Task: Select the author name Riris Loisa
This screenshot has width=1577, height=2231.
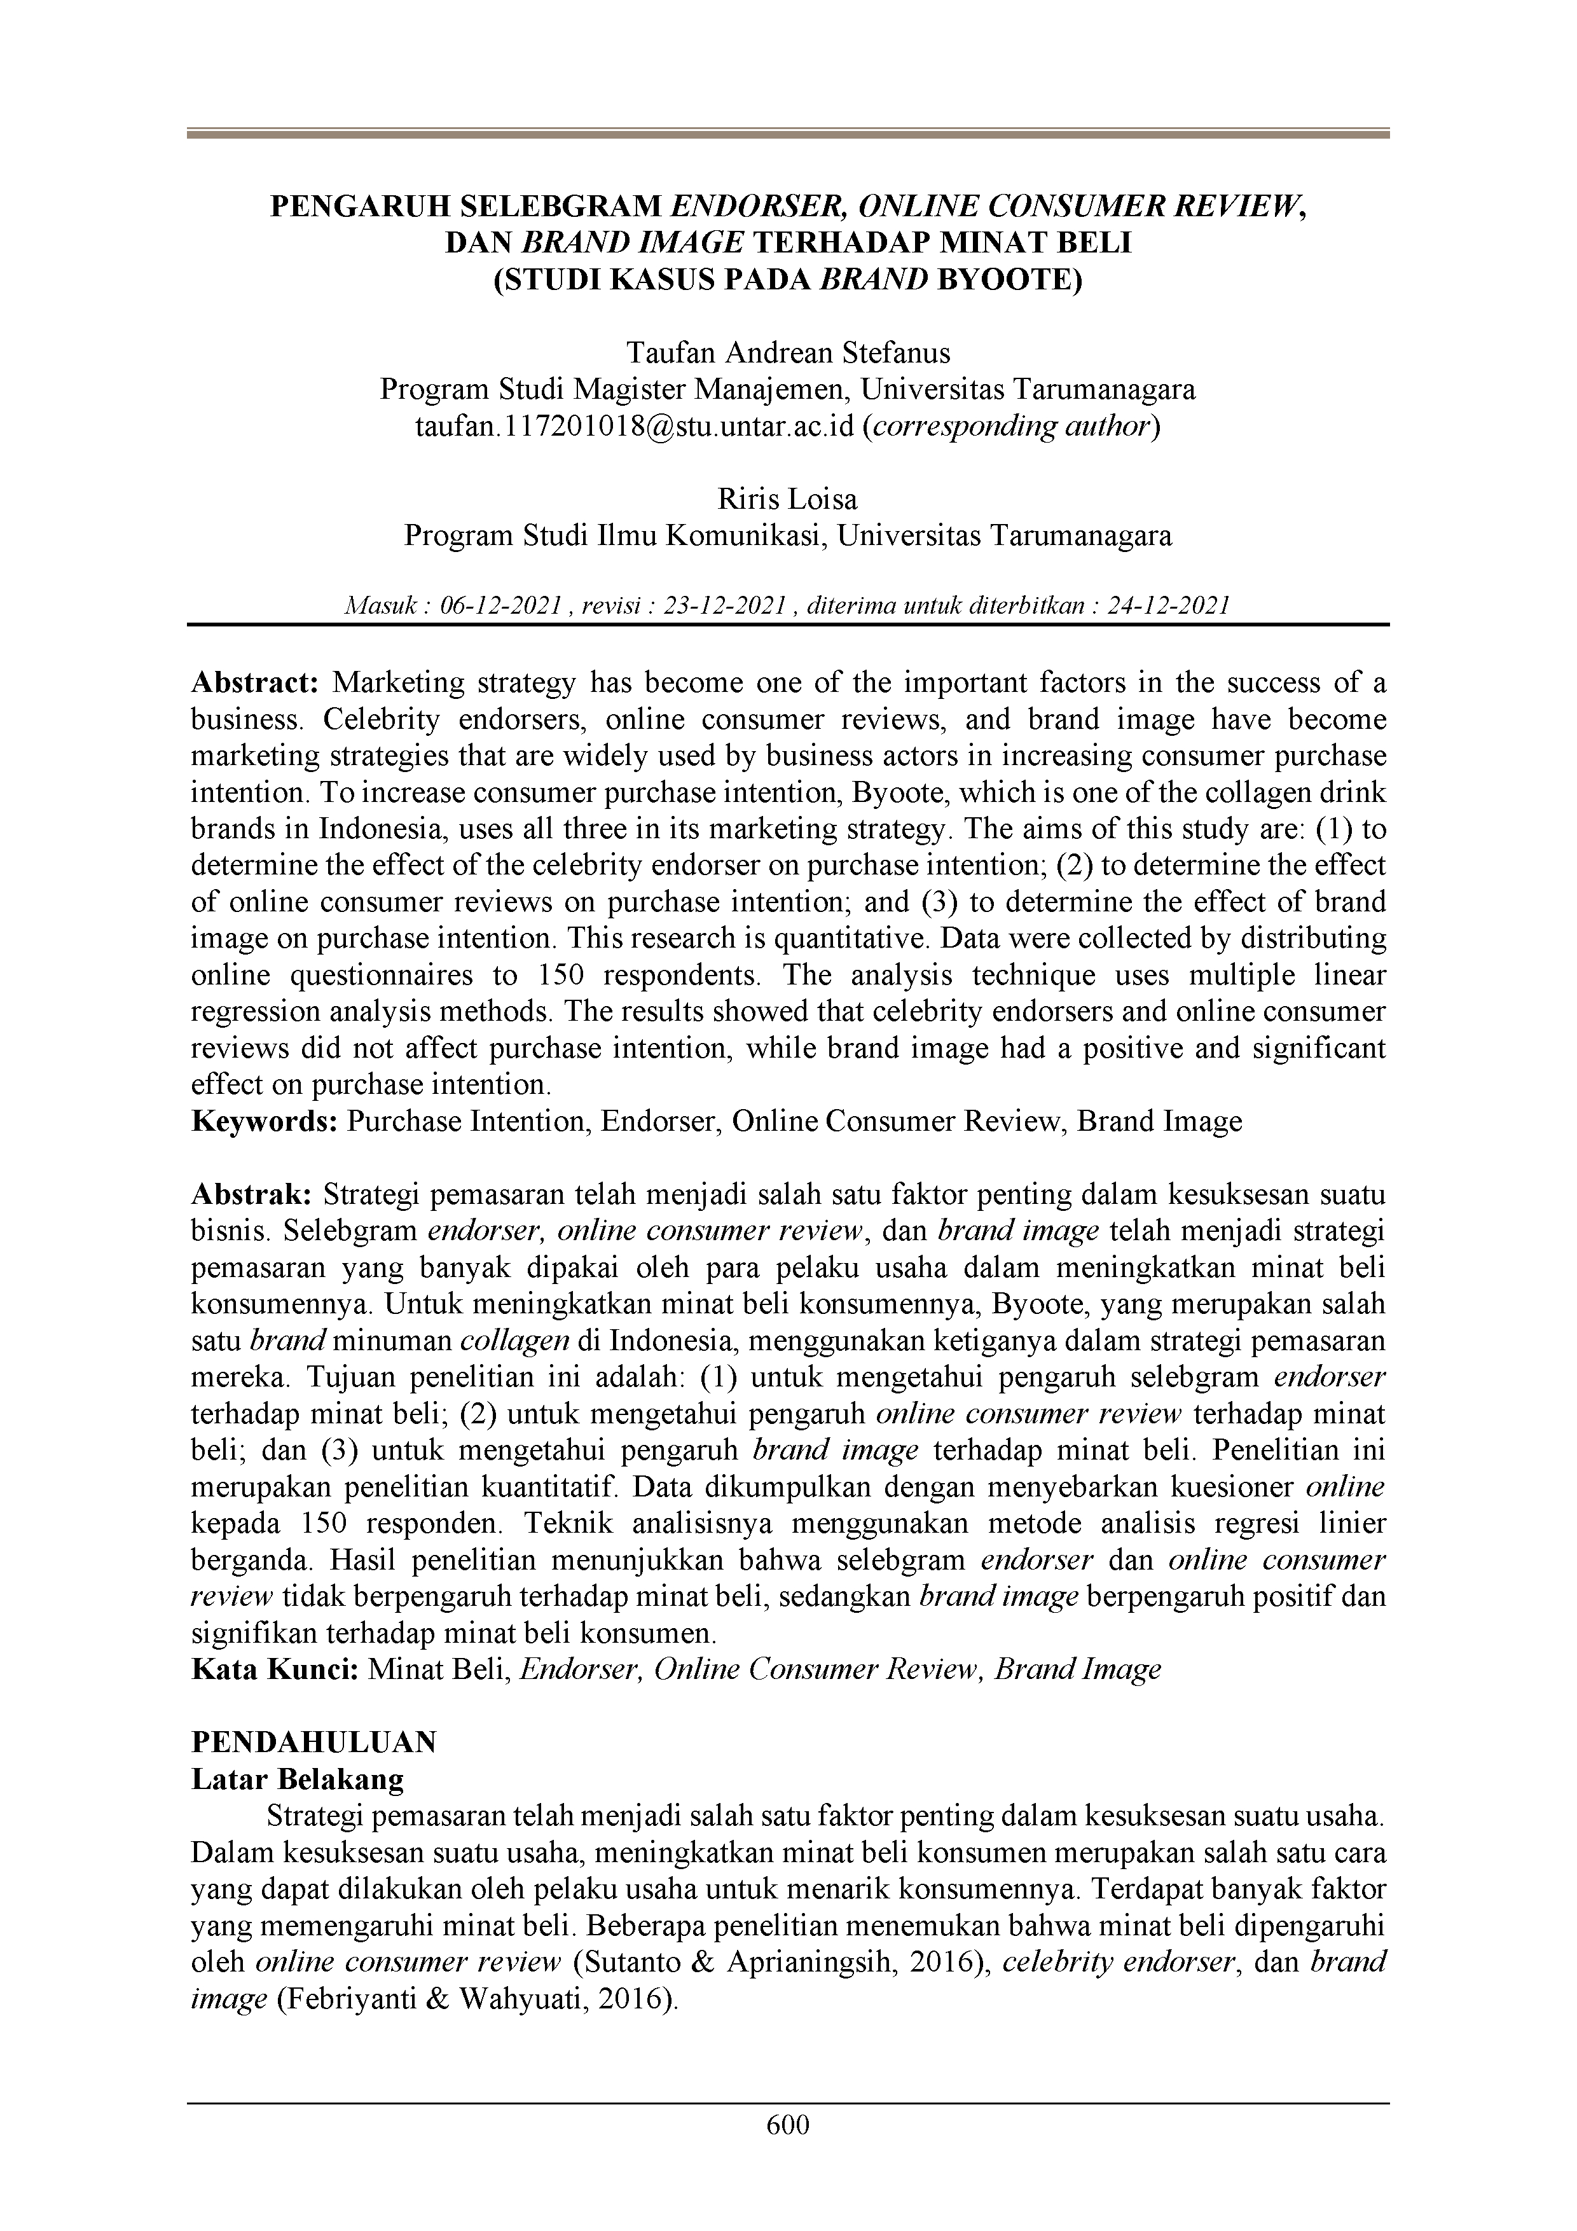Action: point(788,499)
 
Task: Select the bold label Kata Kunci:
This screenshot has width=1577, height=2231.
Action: point(277,1669)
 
